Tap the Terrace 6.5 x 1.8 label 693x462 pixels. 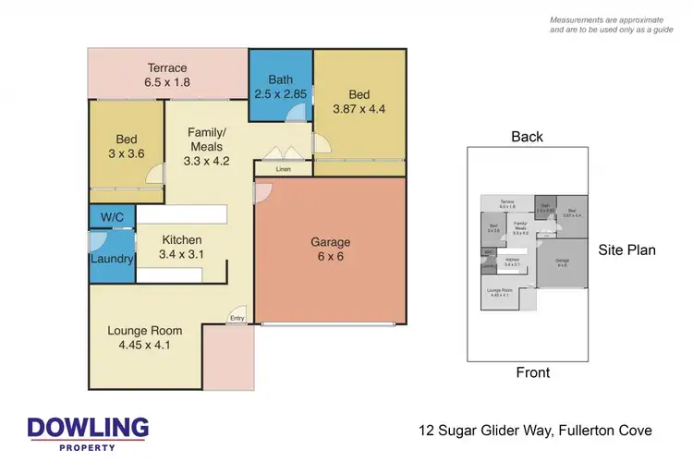click(166, 75)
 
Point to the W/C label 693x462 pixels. click(111, 217)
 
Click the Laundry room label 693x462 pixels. click(112, 259)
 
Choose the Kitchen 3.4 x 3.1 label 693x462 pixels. click(181, 247)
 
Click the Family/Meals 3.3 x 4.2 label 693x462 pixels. click(207, 146)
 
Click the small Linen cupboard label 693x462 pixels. click(284, 169)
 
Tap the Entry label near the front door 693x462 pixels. click(237, 321)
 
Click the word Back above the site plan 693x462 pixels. click(527, 137)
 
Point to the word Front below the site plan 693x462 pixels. click(531, 373)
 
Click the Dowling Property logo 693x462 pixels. click(88, 432)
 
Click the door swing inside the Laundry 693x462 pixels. click(100, 243)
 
